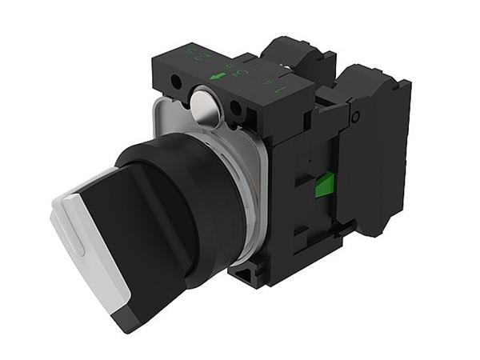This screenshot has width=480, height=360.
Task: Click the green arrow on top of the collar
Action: click(218, 77)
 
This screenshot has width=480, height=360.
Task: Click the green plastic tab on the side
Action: click(325, 186)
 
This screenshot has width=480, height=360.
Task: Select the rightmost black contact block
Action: click(373, 148)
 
